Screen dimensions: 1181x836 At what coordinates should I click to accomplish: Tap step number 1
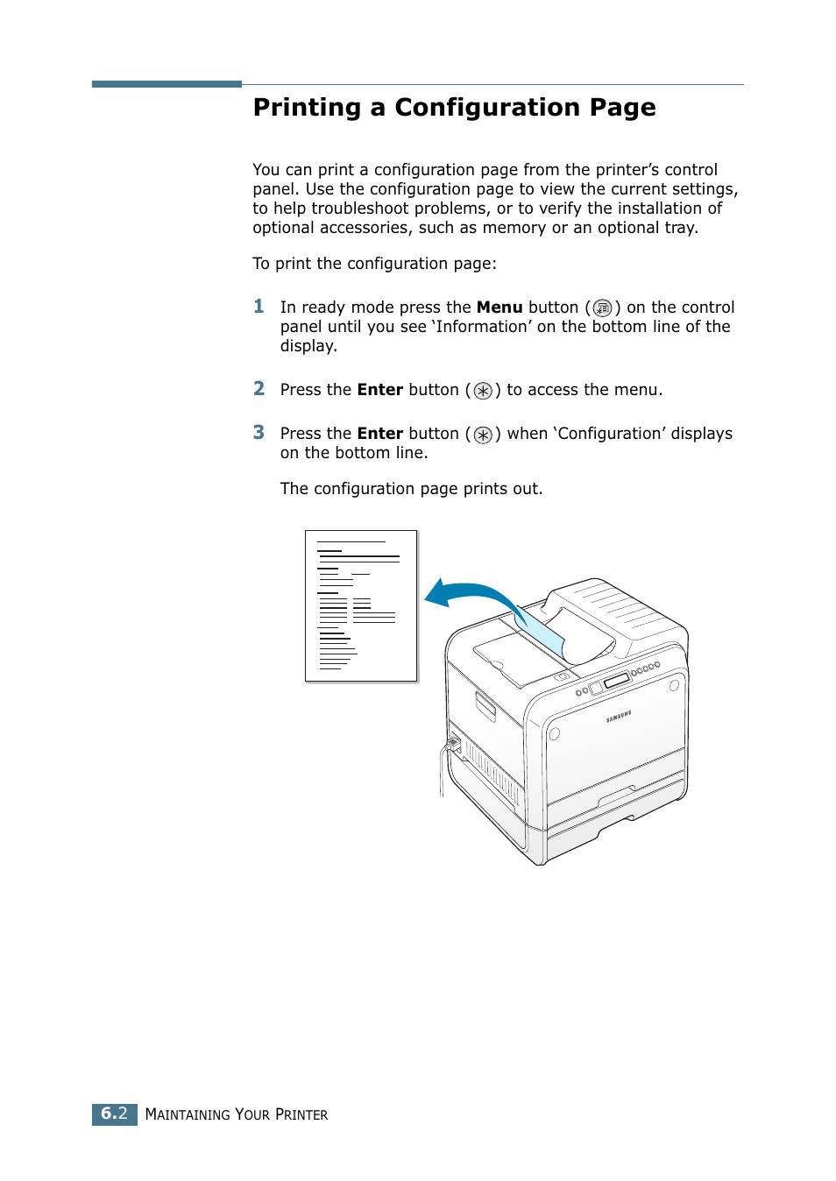(259, 306)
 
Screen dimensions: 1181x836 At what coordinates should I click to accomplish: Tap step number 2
(259, 388)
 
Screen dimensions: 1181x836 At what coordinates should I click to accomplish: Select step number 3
(259, 432)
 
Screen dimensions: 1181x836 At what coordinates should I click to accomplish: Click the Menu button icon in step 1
(602, 308)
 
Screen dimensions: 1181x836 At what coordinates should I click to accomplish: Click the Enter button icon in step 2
(483, 391)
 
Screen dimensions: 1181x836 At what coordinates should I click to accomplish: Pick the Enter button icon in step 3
(483, 435)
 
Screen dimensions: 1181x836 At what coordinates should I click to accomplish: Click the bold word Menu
(499, 308)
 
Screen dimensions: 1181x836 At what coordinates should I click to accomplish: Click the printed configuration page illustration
(361, 605)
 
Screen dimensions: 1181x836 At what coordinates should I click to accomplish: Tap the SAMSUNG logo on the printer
(619, 718)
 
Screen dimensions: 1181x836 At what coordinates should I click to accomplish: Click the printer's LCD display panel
(617, 681)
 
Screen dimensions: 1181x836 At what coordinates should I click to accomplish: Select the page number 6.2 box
(115, 1114)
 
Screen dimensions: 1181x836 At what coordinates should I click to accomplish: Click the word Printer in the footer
(301, 1114)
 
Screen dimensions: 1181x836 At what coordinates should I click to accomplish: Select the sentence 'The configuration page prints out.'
(411, 489)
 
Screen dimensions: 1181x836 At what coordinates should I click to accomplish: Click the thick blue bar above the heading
(166, 84)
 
